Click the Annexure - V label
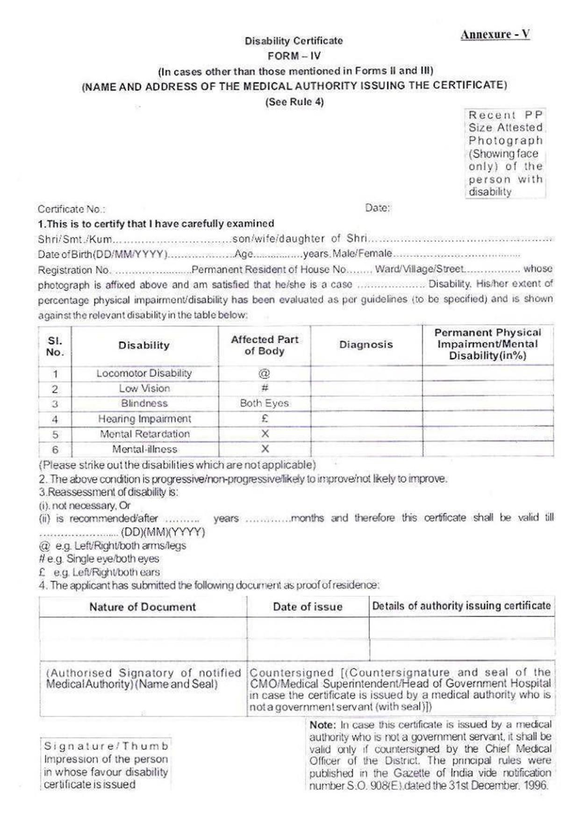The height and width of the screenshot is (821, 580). [495, 35]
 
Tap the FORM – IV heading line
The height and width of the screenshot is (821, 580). [294, 56]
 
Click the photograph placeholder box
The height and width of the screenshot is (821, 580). [505, 153]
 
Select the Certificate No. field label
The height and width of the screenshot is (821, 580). [72, 209]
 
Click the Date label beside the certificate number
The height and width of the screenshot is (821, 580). [377, 208]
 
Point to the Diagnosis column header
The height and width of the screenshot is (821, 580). [366, 345]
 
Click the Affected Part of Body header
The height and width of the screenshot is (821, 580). [265, 345]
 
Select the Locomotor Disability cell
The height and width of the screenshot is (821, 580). [144, 373]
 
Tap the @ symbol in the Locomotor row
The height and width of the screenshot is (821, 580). [265, 373]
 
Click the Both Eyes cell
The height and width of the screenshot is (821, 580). [265, 403]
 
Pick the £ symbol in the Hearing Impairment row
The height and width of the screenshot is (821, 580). [265, 419]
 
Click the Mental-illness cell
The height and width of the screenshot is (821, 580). [144, 449]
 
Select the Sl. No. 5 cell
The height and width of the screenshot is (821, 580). [55, 435]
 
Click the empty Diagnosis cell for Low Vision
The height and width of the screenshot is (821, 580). [366, 389]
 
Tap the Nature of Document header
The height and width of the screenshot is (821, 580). [143, 607]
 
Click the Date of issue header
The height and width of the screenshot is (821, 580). [308, 607]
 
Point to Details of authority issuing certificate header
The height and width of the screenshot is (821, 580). [461, 606]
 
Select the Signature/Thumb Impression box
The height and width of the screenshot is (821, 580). [106, 765]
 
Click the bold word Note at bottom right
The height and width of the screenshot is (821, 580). [322, 725]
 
